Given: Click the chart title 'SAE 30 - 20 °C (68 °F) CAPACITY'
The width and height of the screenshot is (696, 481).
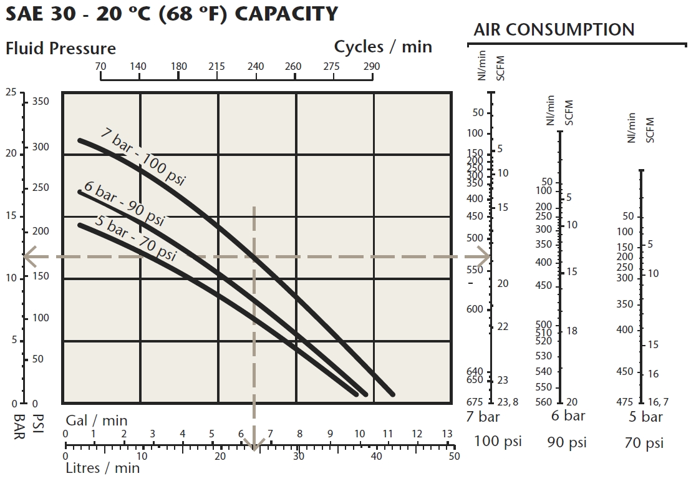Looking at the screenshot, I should [172, 14].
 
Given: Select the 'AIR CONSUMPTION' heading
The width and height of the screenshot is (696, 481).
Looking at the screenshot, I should [554, 29].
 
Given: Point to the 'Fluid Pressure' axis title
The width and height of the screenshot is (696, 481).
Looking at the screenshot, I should [60, 48].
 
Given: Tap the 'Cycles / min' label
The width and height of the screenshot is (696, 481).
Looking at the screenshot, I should [383, 47].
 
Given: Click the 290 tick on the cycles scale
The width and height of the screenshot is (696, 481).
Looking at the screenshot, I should [372, 67].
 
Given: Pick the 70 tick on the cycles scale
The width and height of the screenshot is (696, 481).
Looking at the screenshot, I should [100, 67].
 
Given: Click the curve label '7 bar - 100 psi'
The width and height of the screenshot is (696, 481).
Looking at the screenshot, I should [143, 159].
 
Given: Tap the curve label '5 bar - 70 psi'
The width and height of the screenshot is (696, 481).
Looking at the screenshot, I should [136, 237].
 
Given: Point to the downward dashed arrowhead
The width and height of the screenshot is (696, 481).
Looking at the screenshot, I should [254, 445].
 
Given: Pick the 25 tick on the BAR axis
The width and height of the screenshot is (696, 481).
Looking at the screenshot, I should [11, 93].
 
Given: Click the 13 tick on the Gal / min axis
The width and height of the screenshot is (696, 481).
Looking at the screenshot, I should [447, 434].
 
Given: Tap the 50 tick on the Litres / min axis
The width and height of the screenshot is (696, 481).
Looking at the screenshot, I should [453, 456].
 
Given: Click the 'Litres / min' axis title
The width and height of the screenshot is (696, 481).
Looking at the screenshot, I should [103, 468].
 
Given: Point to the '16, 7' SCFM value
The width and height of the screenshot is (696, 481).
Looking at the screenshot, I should [659, 402].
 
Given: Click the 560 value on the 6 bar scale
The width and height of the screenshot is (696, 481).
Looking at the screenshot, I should [544, 402].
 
